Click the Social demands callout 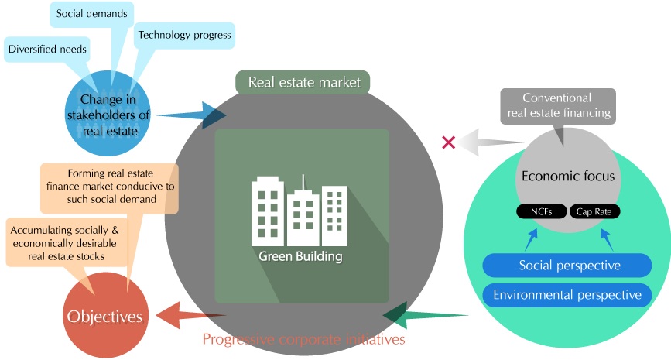click(92, 14)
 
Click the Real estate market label click(303, 81)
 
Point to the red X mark click(447, 142)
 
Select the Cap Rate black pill click(595, 211)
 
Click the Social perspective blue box click(568, 266)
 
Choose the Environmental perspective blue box click(568, 295)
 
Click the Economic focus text click(567, 176)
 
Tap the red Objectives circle click(104, 316)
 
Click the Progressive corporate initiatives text click(303, 339)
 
